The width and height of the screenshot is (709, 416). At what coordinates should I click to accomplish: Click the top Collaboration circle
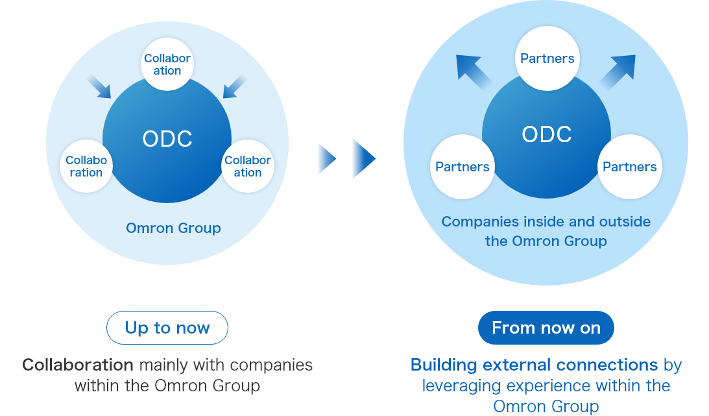pos(167,64)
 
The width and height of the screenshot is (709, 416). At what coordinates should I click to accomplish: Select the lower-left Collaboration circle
pos(86,166)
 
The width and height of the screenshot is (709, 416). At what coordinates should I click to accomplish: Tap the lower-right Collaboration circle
pos(248,166)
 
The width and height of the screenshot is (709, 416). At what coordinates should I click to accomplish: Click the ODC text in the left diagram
pos(167,139)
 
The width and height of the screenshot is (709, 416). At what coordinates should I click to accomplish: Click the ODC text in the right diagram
pos(547,134)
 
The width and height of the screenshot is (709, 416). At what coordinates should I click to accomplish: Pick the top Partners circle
pos(547,58)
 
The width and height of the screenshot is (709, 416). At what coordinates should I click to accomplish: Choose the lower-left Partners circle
pos(463,167)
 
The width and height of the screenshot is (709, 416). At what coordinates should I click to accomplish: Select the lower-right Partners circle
pos(630,167)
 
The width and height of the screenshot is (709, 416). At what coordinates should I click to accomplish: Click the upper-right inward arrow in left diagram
pos(234,86)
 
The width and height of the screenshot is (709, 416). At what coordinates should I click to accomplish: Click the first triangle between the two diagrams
pos(326,158)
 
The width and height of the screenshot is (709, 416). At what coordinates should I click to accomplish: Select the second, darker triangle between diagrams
pos(363,158)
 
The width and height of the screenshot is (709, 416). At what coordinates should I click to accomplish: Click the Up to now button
pos(167,328)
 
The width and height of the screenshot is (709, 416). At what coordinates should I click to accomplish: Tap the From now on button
pos(546,328)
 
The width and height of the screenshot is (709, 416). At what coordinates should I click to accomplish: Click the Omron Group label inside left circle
pos(173,228)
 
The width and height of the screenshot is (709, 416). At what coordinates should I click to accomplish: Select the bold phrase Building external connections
pos(535,365)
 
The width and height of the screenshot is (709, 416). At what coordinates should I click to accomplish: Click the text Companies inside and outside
pos(546,222)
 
